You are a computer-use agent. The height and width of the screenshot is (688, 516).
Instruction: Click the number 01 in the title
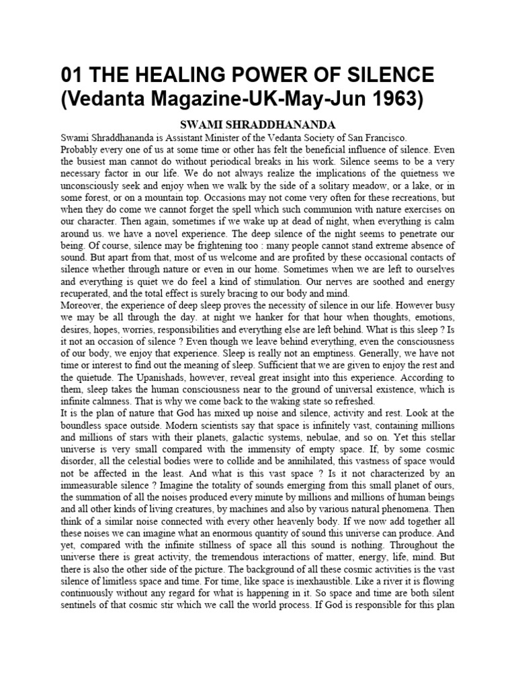tap(73, 75)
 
